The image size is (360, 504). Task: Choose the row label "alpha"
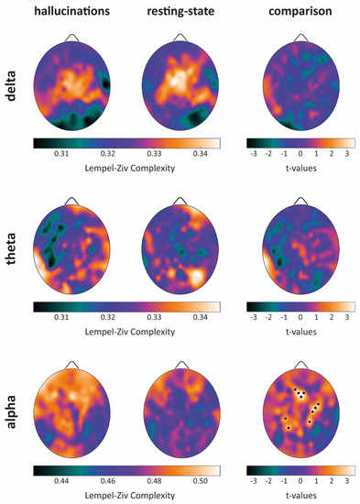coord(14,413)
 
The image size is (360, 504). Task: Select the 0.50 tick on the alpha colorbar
coord(199,480)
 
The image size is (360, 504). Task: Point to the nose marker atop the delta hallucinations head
coord(73,38)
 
